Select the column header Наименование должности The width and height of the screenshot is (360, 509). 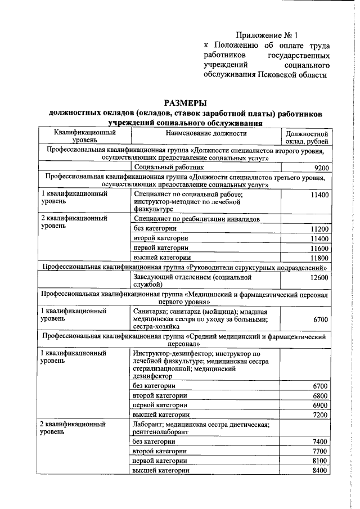pyautogui.click(x=206, y=134)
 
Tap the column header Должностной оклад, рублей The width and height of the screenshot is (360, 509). pyautogui.click(x=307, y=138)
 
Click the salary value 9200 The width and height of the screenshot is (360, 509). pyautogui.click(x=319, y=168)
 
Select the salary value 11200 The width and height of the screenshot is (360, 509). pyautogui.click(x=318, y=229)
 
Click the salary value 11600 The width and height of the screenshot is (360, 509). pyautogui.click(x=318, y=249)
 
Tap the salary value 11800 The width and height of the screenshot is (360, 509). pyautogui.click(x=318, y=258)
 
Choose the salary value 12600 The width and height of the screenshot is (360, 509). pyautogui.click(x=318, y=278)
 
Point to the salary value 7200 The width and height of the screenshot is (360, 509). pyautogui.click(x=319, y=415)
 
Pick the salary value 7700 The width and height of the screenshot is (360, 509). pyautogui.click(x=319, y=451)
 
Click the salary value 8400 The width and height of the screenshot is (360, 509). pyautogui.click(x=319, y=470)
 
